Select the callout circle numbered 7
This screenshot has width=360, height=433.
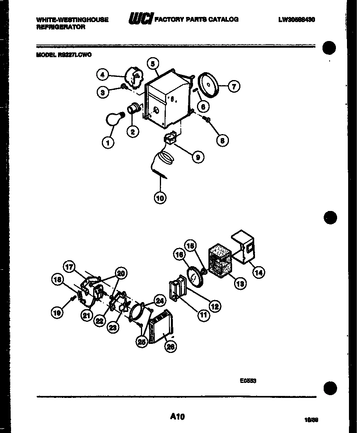click(x=234, y=86)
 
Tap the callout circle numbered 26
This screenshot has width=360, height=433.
click(x=171, y=346)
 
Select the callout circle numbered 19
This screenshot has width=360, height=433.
click(x=58, y=313)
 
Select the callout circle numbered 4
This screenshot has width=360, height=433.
click(x=103, y=74)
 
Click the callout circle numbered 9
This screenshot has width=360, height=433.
click(x=197, y=157)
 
